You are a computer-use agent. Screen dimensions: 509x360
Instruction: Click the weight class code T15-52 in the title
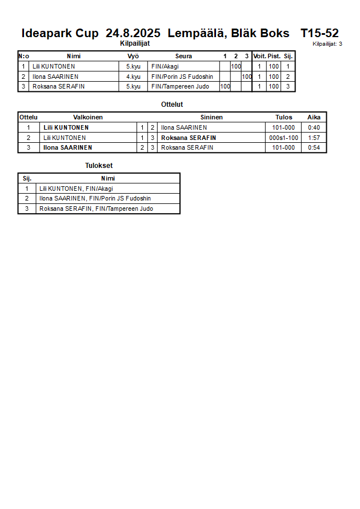pyautogui.click(x=319, y=33)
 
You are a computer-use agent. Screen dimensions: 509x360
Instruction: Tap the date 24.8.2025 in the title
pyautogui.click(x=133, y=33)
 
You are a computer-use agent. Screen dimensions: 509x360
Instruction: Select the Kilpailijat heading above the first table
pyautogui.click(x=135, y=43)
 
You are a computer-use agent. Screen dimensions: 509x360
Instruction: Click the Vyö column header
pyautogui.click(x=133, y=56)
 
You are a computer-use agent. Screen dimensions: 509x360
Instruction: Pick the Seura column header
pyautogui.click(x=184, y=56)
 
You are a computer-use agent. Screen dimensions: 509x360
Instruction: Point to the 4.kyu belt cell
pyautogui.click(x=133, y=77)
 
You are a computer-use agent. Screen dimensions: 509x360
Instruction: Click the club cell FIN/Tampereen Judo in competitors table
pyautogui.click(x=180, y=87)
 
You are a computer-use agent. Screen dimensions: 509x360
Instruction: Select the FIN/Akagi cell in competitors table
pyautogui.click(x=165, y=66)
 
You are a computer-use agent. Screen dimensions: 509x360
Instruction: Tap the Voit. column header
pyautogui.click(x=259, y=56)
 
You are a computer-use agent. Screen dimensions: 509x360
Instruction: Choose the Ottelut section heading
pyautogui.click(x=172, y=105)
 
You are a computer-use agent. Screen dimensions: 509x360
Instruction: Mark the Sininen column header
pyautogui.click(x=211, y=117)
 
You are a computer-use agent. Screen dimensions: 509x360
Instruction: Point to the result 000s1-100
pyautogui.click(x=283, y=138)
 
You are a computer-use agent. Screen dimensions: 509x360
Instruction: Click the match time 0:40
pyautogui.click(x=314, y=127)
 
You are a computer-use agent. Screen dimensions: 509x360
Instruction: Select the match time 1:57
pyautogui.click(x=314, y=138)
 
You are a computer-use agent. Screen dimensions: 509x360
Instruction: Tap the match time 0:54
pyautogui.click(x=314, y=148)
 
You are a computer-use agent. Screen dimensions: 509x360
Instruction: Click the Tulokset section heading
pyautogui.click(x=99, y=166)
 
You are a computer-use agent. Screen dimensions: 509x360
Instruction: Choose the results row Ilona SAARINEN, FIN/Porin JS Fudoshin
pyautogui.click(x=95, y=198)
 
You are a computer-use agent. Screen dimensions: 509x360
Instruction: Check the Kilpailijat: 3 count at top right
pyautogui.click(x=327, y=44)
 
